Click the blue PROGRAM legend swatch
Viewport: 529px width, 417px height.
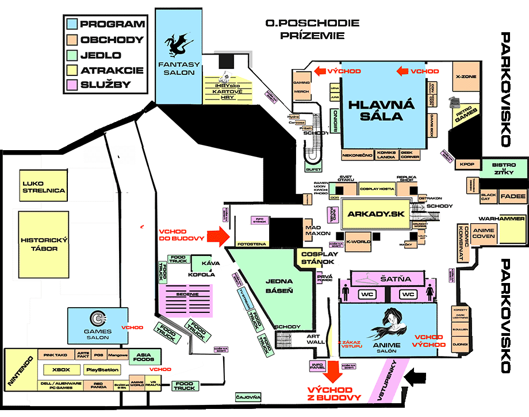point(72,24)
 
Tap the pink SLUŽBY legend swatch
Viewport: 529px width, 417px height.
point(72,85)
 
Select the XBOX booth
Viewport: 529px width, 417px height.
point(60,370)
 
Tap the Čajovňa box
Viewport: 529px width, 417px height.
point(248,397)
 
